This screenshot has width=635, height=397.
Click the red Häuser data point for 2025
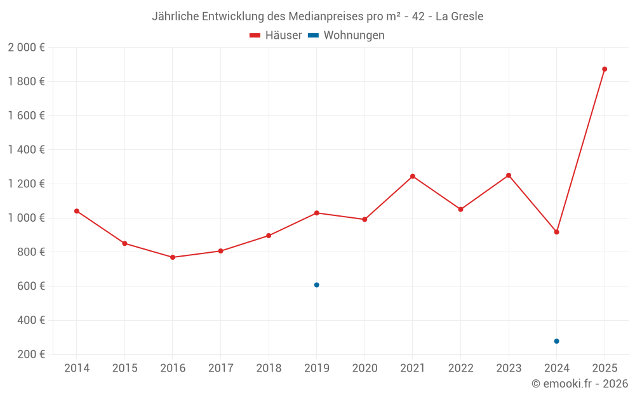pos(605,69)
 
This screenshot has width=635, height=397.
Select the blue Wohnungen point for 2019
pos(316,285)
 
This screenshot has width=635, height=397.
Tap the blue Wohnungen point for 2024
pos(556,341)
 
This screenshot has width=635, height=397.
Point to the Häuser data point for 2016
pos(173,257)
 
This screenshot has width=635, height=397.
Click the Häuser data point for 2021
pos(413,177)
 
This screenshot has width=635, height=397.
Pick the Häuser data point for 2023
pos(509,175)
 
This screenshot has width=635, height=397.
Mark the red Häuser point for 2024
pos(556,232)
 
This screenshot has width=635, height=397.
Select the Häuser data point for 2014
pos(77,211)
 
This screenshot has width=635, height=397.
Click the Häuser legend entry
pos(276,36)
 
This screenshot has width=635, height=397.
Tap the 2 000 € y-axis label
pos(26,48)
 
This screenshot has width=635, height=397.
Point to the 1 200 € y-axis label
pos(26,184)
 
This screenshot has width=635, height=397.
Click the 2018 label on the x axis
pos(269,368)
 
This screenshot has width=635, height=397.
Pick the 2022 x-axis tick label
pos(460,368)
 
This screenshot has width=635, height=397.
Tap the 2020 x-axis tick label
pos(364,368)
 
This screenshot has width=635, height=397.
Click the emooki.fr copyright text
pos(579,384)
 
